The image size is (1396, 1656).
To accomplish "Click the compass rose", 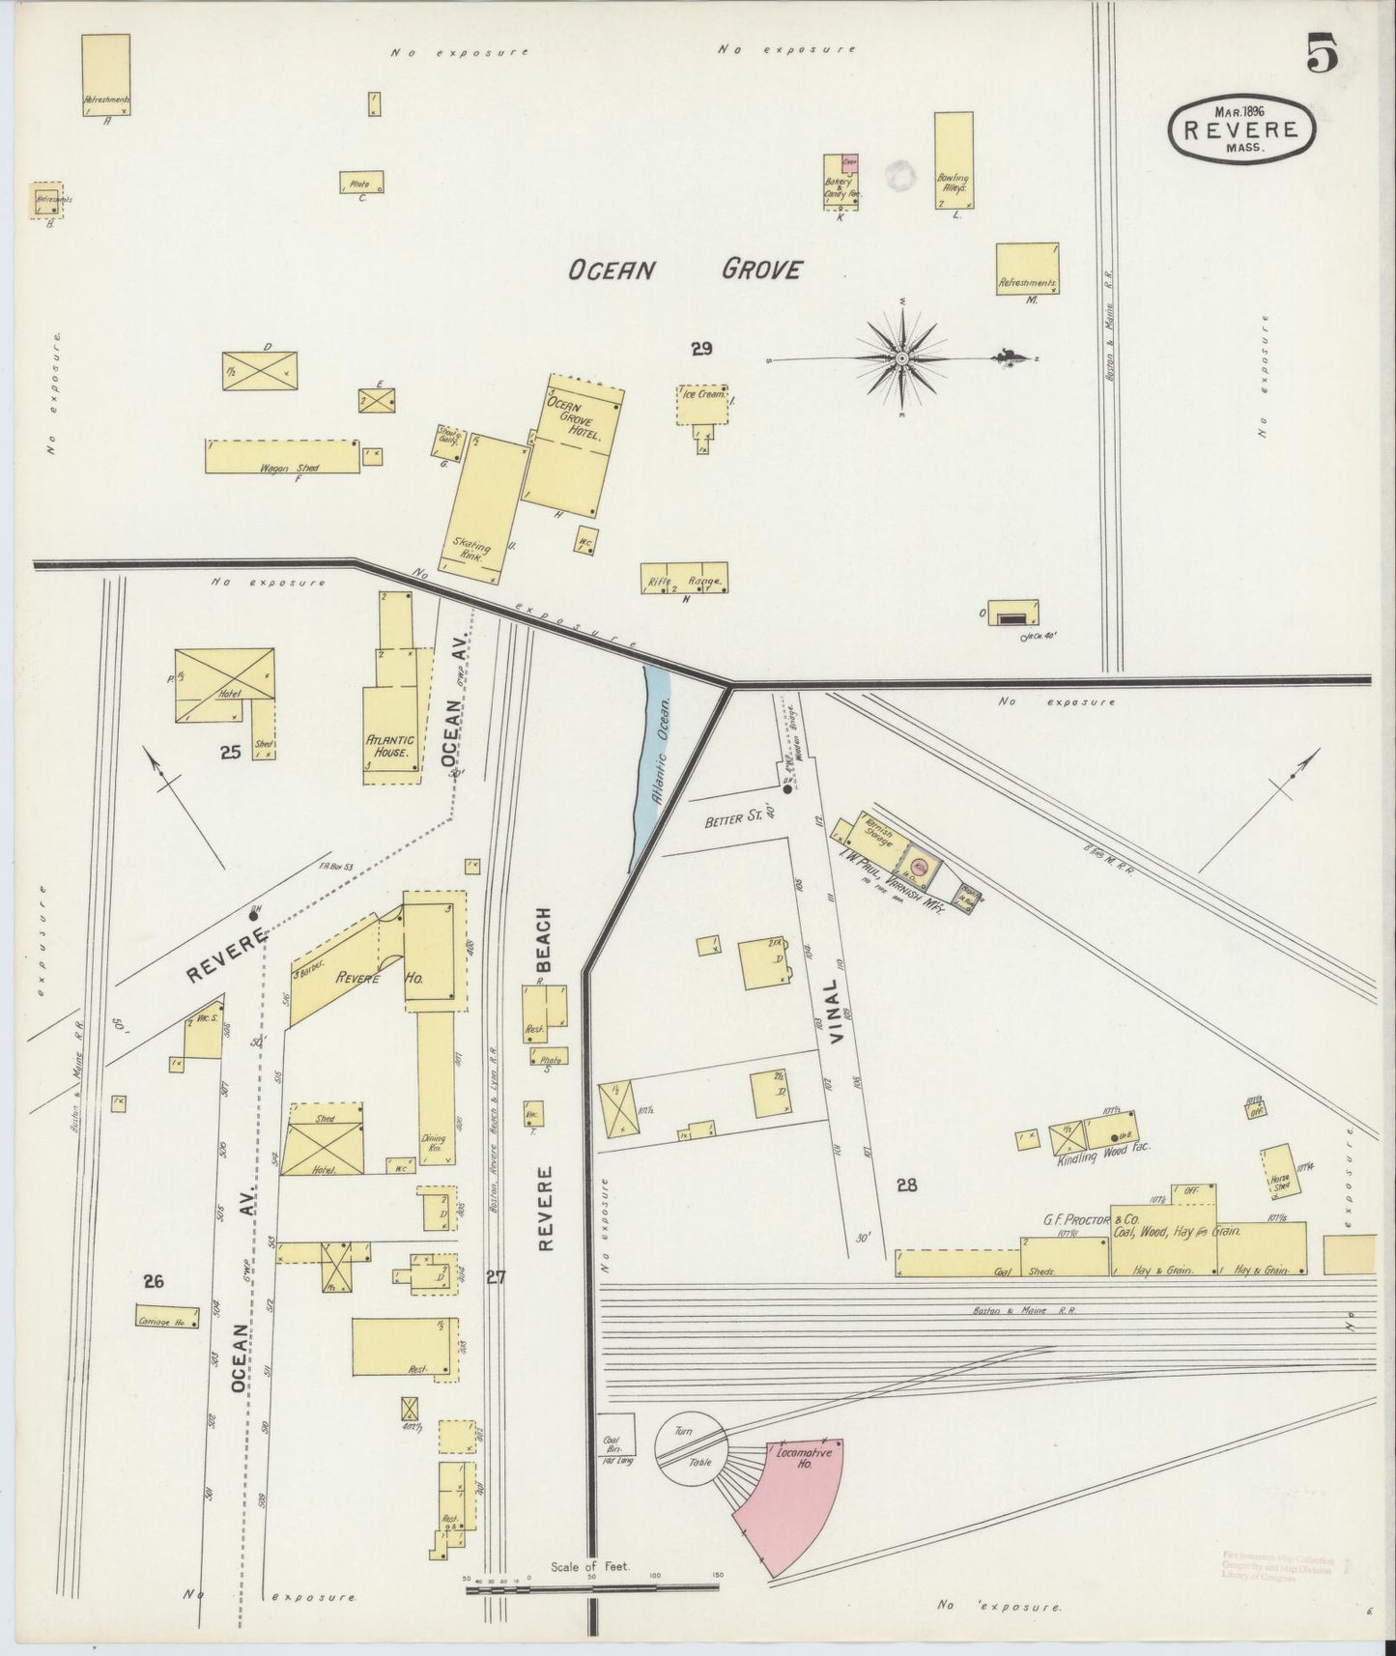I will point(902,358).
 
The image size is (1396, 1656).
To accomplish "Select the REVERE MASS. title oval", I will point(1241,129).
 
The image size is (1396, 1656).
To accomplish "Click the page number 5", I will point(1322,53).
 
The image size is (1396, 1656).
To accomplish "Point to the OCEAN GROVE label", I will point(684,270).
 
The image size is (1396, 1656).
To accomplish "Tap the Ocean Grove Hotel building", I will point(572,447).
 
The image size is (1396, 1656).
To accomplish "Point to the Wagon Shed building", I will point(280,457).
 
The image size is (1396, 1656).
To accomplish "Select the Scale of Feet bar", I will point(591,1586).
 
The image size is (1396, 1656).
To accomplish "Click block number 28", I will point(906,1185).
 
